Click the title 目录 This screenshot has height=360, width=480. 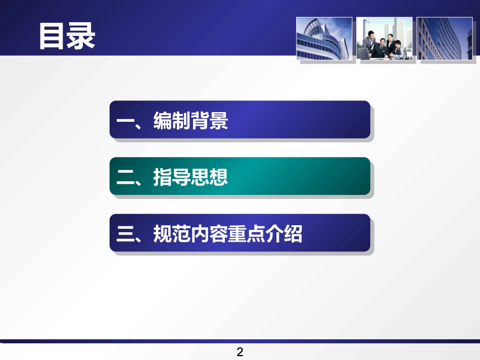click(x=67, y=36)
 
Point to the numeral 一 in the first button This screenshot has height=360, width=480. click(x=124, y=122)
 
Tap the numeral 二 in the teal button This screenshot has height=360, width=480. click(x=124, y=178)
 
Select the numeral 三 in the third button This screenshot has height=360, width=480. click(x=124, y=234)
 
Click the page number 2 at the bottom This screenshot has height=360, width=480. click(x=240, y=352)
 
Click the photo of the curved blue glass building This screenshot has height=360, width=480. click(x=324, y=38)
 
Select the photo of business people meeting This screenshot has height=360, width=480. click(x=384, y=38)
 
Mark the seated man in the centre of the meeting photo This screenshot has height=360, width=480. click(x=379, y=48)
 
